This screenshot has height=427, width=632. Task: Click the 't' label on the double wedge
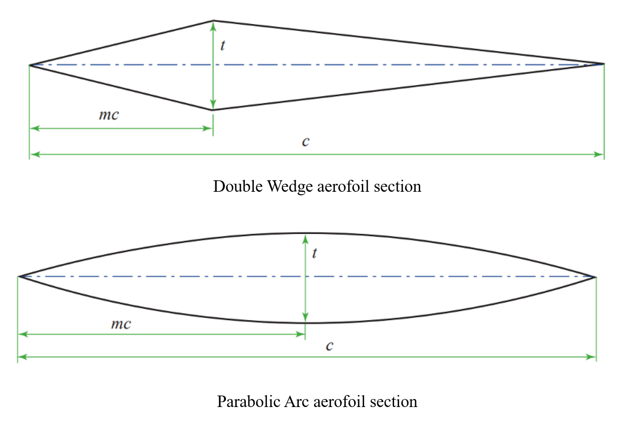click(223, 45)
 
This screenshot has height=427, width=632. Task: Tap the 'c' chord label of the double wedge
click(306, 141)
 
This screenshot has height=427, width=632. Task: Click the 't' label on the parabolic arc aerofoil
click(314, 253)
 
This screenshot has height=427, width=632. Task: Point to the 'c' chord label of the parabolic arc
click(329, 346)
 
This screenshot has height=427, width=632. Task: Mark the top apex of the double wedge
click(213, 21)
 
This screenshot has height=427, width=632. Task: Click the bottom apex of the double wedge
click(213, 109)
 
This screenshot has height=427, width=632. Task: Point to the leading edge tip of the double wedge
click(30, 65)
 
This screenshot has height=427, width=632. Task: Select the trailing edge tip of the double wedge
click(604, 64)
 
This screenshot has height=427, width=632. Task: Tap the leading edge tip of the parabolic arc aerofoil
click(18, 276)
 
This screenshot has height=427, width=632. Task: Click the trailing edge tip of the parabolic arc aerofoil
click(596, 276)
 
